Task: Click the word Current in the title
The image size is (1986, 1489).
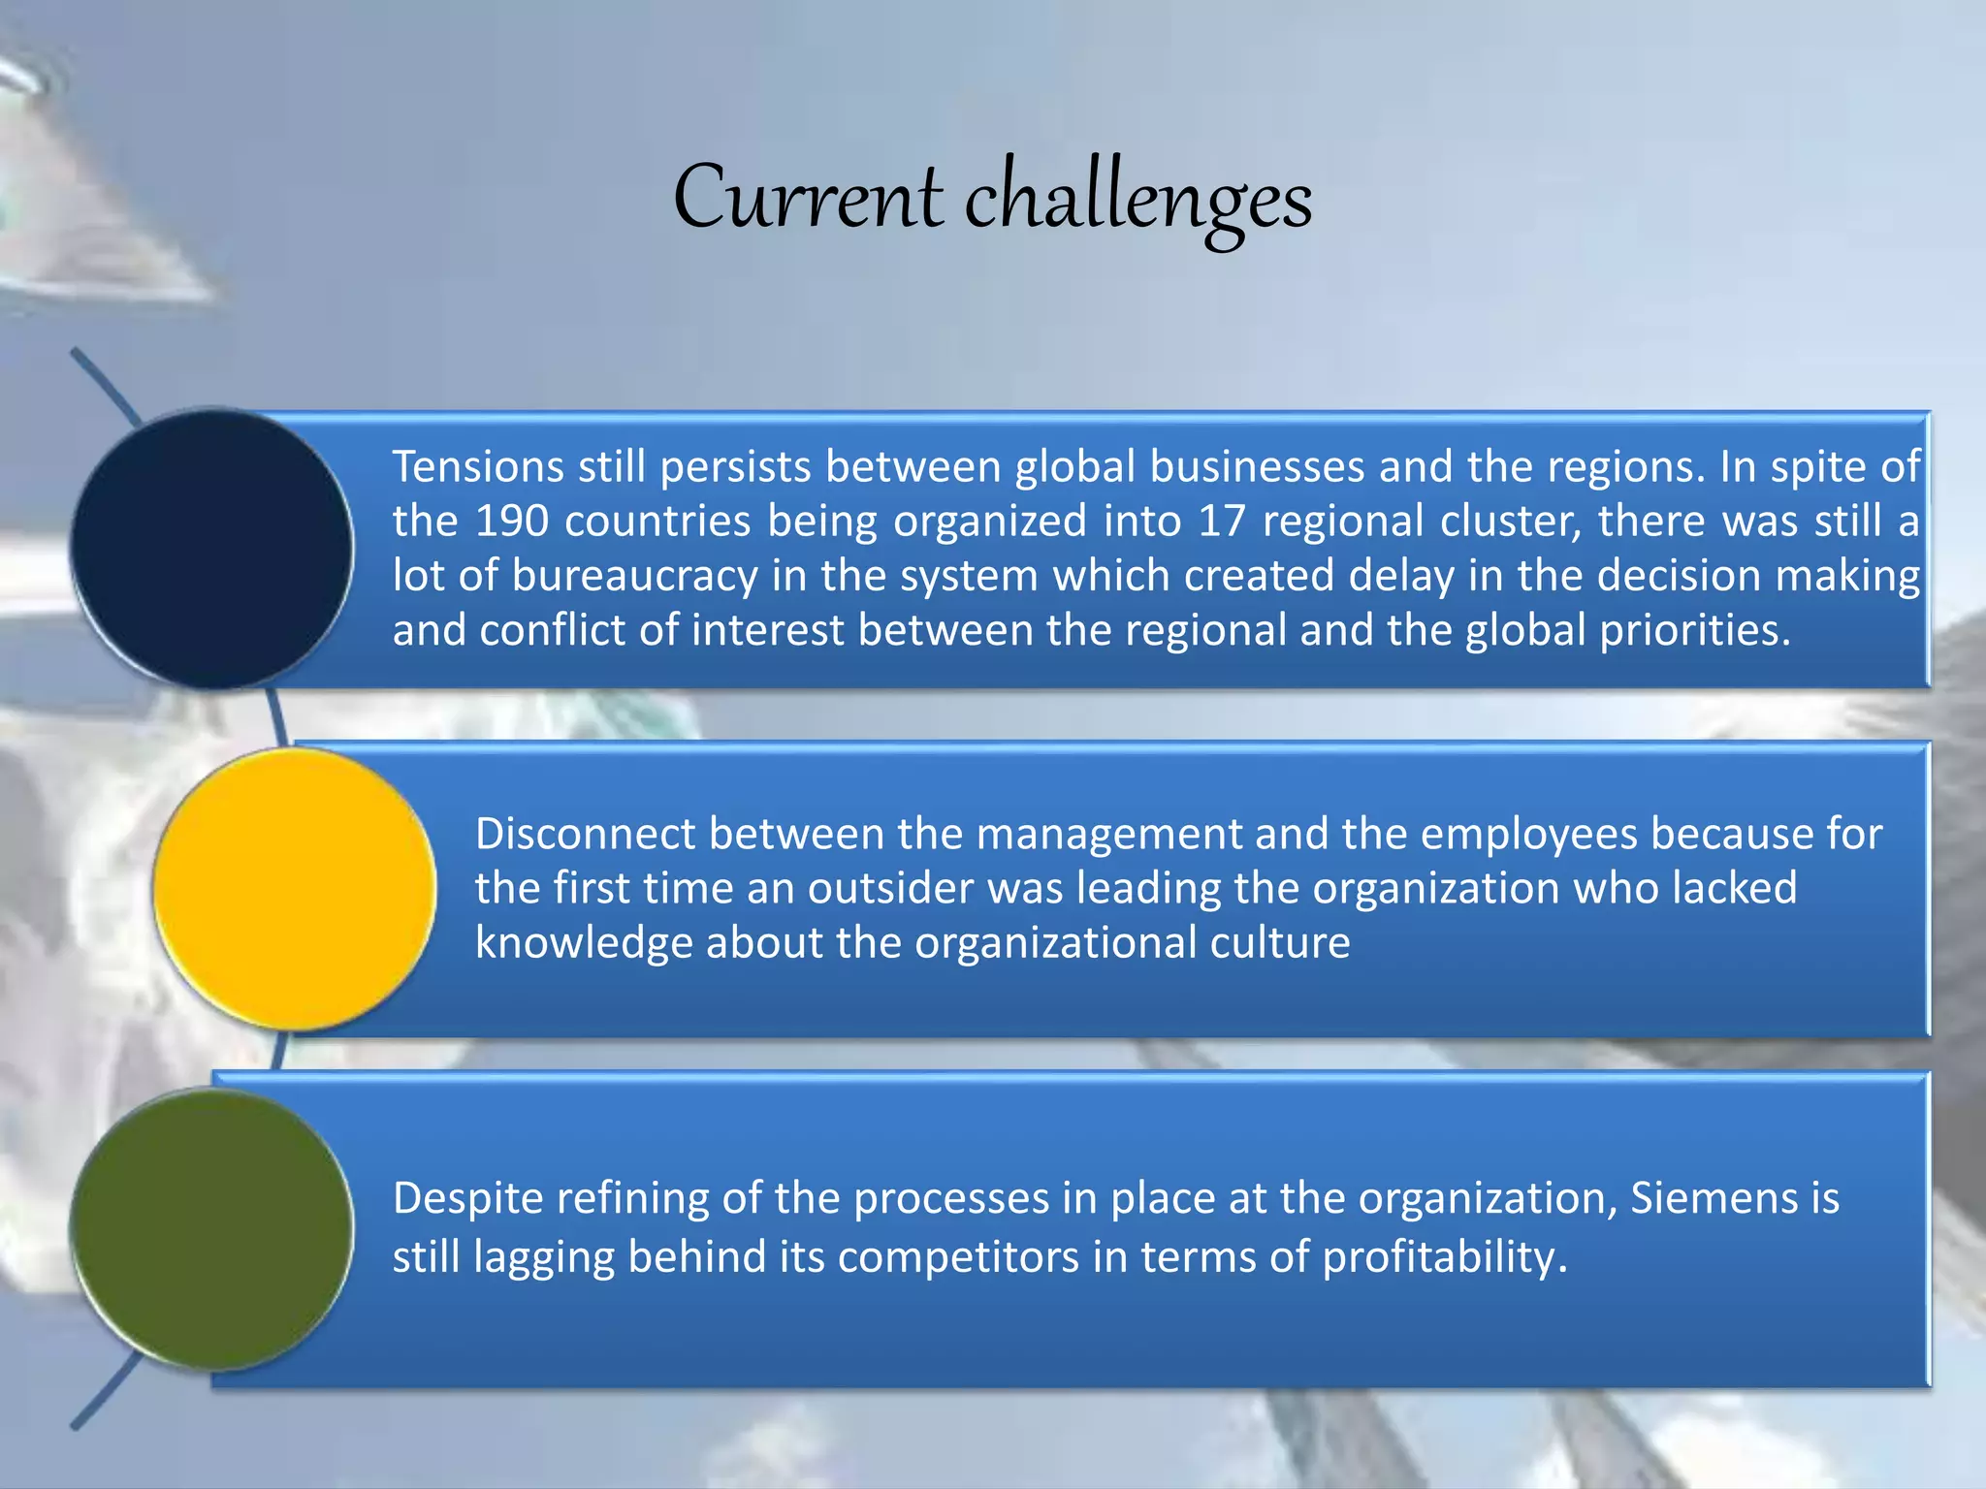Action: point(808,198)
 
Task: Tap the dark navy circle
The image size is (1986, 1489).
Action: point(211,549)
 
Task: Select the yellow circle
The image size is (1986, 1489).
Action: point(294,888)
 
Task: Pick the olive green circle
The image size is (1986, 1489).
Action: point(211,1229)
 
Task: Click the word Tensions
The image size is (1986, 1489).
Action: point(478,467)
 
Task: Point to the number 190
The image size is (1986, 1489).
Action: point(512,522)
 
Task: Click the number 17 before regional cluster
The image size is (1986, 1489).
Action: point(1222,522)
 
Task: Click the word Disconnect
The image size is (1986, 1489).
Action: point(585,834)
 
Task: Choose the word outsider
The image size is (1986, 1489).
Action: point(890,888)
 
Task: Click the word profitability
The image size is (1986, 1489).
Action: point(1445,1257)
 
